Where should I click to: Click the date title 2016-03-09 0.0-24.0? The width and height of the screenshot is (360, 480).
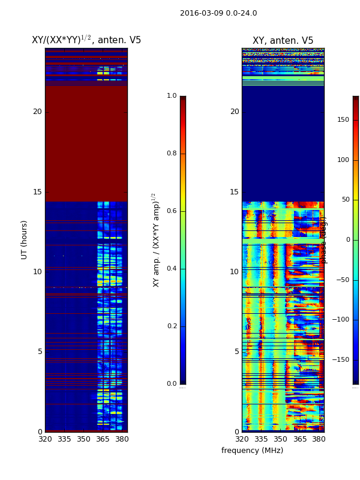[218, 13]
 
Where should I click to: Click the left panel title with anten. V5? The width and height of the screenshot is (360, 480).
[86, 40]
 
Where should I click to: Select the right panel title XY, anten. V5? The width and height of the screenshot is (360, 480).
[283, 41]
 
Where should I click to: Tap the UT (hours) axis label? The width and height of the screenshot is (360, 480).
[25, 239]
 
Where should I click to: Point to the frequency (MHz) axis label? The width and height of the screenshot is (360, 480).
[252, 451]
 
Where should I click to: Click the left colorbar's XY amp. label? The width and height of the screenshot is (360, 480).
[156, 239]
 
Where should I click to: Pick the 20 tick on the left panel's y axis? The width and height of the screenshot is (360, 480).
[37, 112]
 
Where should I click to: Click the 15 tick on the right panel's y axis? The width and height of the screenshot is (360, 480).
[234, 192]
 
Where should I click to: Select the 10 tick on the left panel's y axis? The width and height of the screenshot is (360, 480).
[37, 272]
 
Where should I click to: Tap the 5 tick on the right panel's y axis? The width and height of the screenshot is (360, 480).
[236, 352]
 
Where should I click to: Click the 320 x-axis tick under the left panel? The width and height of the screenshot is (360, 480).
[45, 439]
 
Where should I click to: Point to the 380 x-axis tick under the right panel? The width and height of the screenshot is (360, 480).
[319, 439]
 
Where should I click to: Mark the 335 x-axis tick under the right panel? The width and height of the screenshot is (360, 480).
[261, 439]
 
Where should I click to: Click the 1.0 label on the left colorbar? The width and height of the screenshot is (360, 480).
[172, 96]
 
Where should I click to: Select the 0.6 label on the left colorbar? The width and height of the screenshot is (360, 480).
[172, 211]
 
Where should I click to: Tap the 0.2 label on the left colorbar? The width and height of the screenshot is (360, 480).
[172, 326]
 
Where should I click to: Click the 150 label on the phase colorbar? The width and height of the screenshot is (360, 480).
[343, 120]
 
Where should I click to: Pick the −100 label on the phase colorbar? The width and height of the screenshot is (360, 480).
[341, 320]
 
